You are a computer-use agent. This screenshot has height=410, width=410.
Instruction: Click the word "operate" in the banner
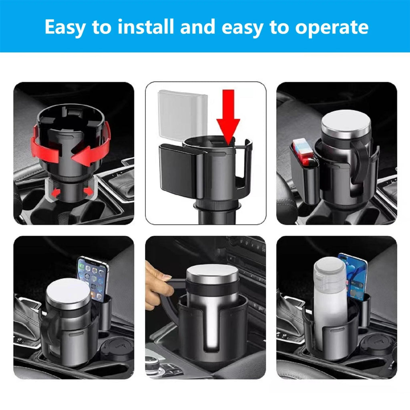pos(332,27)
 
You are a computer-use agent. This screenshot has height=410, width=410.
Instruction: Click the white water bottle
pos(330,304)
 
